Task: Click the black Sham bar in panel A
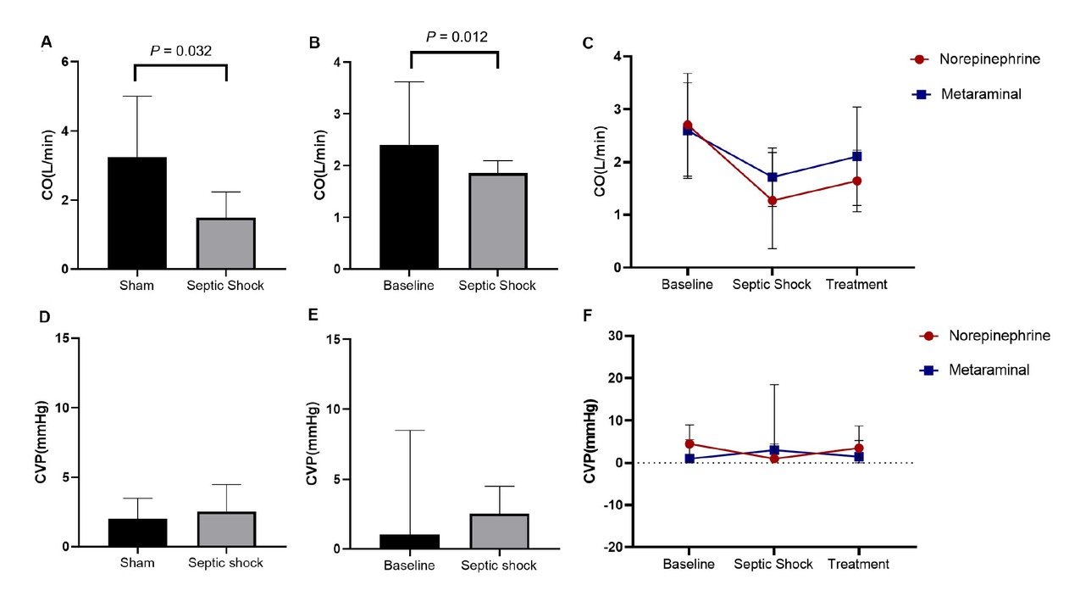tap(136, 214)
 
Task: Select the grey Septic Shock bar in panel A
tap(225, 243)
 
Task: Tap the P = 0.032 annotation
tap(180, 51)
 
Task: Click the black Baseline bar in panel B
tap(409, 207)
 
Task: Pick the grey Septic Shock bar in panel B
tap(496, 221)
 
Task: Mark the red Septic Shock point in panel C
tap(773, 201)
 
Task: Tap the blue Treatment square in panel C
tap(857, 157)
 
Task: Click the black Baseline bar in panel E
tap(409, 542)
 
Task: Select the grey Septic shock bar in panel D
tap(225, 529)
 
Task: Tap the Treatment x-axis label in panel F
tap(858, 564)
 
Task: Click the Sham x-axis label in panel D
tap(136, 564)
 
